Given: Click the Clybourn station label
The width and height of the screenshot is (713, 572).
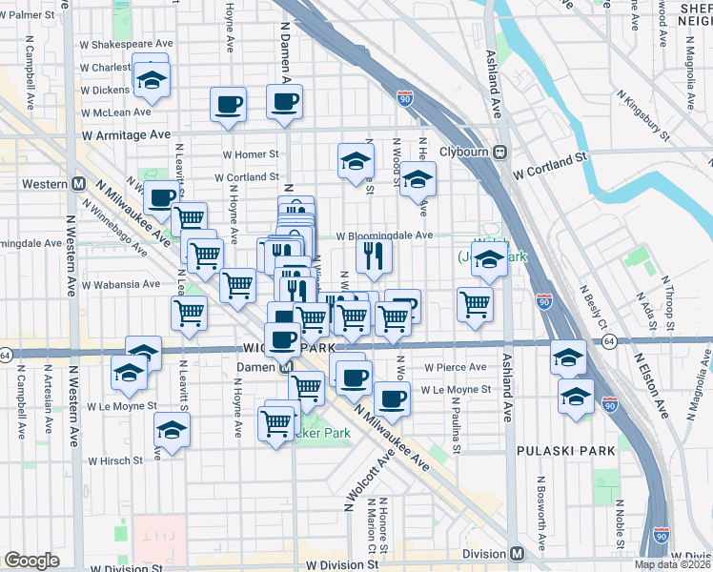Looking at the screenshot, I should pyautogui.click(x=463, y=152).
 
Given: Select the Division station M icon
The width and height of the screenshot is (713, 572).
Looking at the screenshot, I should pyautogui.click(x=517, y=554).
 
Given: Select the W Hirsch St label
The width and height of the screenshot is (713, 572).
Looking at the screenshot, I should pyautogui.click(x=116, y=460).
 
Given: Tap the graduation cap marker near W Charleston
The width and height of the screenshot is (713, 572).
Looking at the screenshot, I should pyautogui.click(x=151, y=81).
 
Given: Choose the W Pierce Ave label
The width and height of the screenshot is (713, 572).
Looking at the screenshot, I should pyautogui.click(x=456, y=366).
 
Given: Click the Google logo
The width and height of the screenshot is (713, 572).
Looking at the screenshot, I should pyautogui.click(x=31, y=561).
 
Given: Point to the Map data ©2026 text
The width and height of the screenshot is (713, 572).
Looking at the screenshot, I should pyautogui.click(x=672, y=564).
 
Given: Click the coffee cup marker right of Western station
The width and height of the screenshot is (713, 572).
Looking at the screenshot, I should pyautogui.click(x=161, y=197).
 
